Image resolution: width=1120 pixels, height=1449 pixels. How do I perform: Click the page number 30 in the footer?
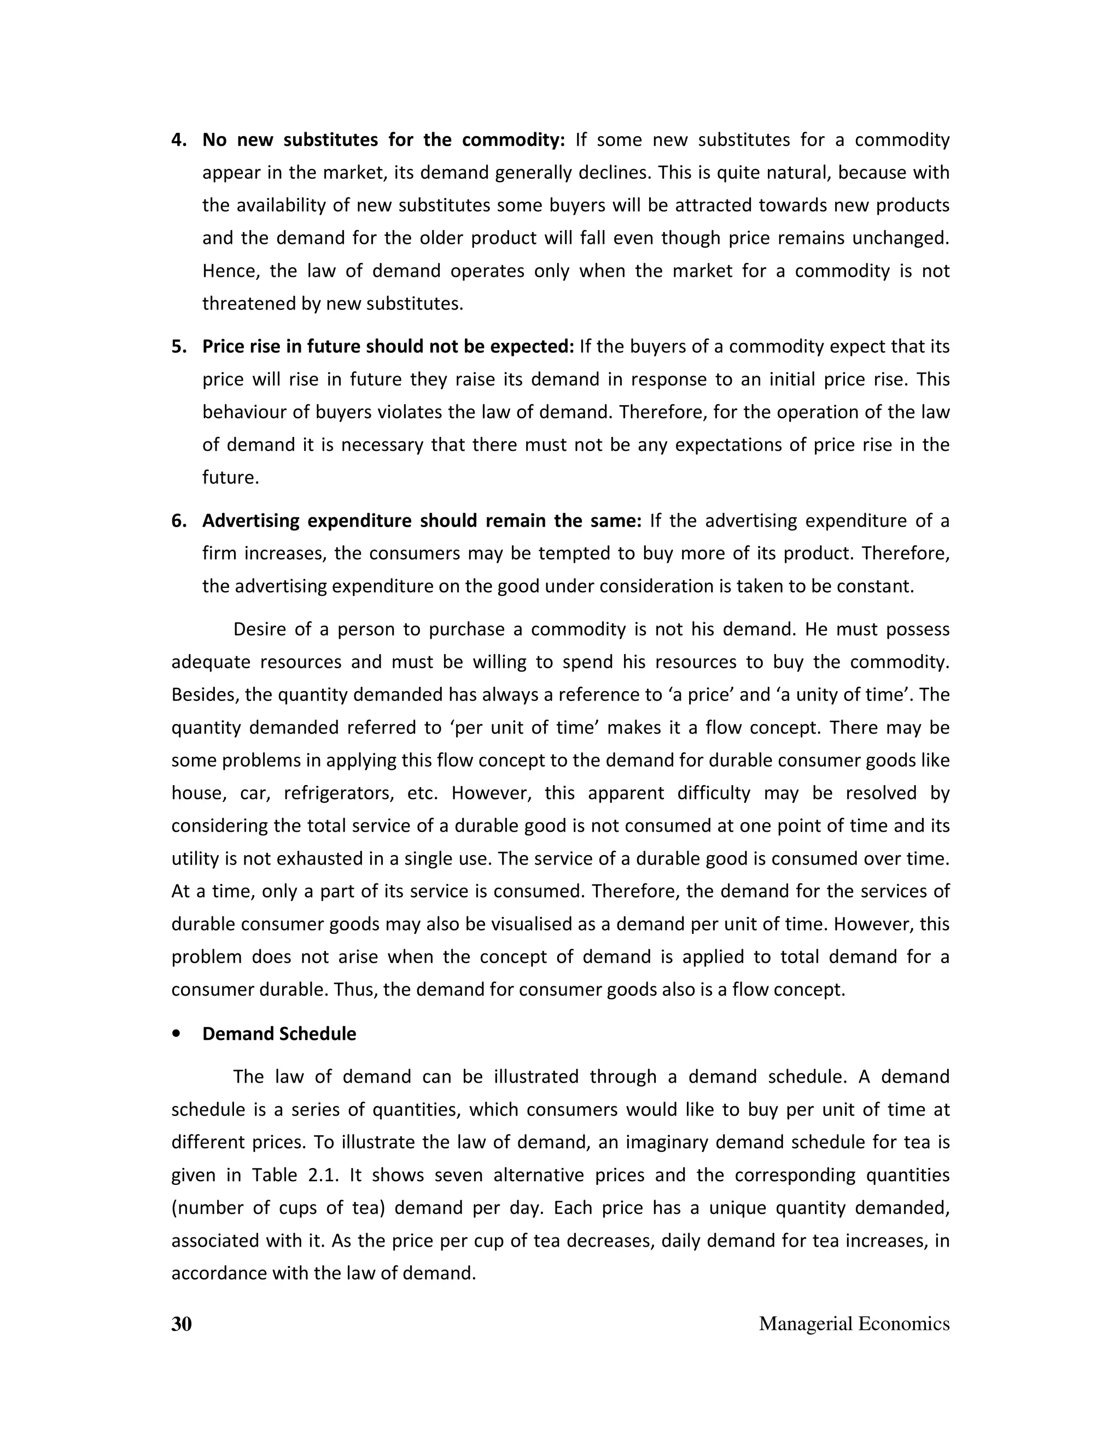[x=181, y=1324]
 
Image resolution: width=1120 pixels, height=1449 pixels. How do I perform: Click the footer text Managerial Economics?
[x=854, y=1324]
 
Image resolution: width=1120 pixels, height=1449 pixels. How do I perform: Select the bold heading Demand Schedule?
[x=279, y=1033]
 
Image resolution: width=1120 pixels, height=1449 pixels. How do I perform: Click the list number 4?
[x=178, y=140]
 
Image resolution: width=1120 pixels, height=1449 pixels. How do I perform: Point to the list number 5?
[x=178, y=347]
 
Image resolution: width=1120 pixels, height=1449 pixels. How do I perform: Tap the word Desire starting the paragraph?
[x=259, y=629]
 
